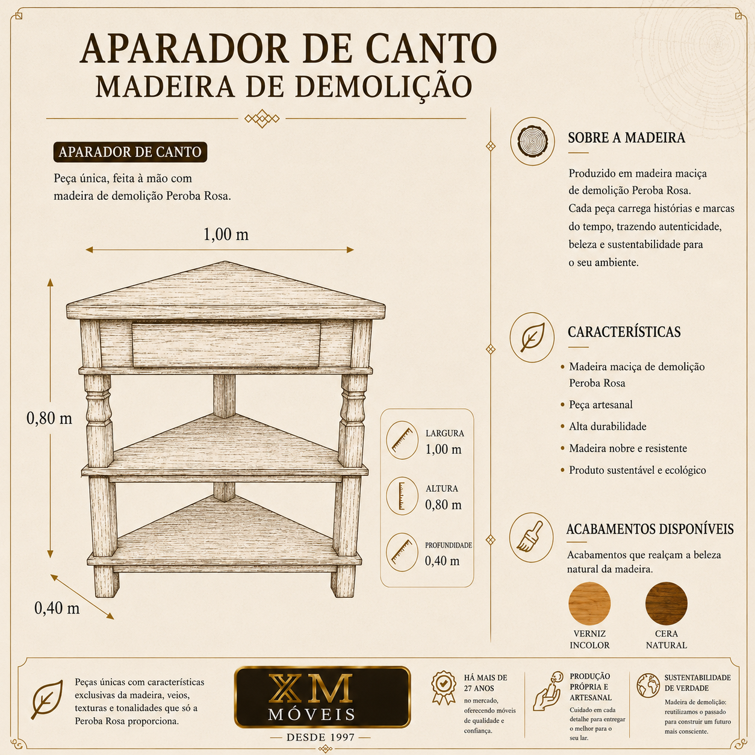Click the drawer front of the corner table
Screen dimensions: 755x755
226,345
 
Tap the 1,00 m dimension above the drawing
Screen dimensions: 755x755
226,234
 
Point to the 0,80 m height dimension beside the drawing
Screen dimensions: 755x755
49,418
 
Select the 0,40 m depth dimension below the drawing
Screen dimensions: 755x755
57,607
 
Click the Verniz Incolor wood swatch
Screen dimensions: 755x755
589,603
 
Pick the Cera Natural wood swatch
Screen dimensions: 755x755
666,603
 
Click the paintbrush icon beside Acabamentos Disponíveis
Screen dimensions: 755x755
531,538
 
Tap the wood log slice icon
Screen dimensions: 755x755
532,141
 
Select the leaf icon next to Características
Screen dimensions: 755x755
532,337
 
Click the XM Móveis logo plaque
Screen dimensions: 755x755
322,697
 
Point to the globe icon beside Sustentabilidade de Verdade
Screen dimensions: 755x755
648,686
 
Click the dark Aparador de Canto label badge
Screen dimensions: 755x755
130,152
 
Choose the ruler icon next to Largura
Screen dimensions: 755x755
402,440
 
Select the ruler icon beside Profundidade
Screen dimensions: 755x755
402,552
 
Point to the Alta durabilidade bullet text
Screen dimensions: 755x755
607,426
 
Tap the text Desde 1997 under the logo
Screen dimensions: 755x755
320,738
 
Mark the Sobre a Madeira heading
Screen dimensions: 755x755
627,137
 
